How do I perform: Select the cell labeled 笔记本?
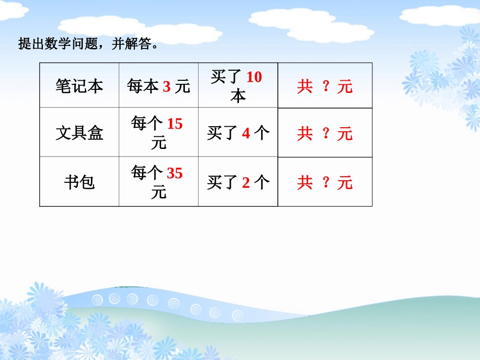[79, 86]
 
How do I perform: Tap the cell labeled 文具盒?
[79, 133]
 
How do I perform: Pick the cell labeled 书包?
[79, 182]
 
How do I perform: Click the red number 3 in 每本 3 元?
[167, 87]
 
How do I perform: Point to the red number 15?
[175, 123]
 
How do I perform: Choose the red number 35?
[175, 174]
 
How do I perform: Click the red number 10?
[254, 77]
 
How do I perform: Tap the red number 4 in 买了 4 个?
[246, 133]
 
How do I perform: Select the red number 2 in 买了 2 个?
[246, 182]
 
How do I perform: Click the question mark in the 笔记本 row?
[326, 86]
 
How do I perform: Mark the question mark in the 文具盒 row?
[326, 133]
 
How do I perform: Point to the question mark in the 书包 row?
[326, 182]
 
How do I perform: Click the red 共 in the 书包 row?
[305, 182]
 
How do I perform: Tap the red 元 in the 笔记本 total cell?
[345, 87]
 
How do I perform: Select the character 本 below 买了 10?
[238, 96]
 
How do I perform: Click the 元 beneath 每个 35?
[159, 192]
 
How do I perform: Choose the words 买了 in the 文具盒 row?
[222, 133]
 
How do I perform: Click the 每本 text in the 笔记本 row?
[143, 87]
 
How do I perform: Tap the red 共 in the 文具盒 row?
[305, 133]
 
